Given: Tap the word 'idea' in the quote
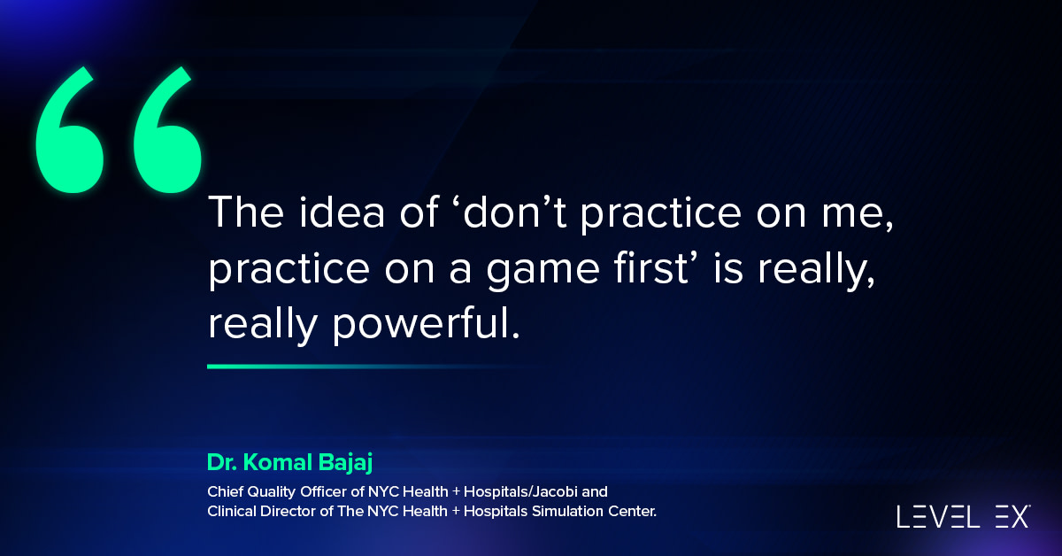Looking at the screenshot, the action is coord(342,212).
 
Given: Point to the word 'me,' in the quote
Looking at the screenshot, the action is coord(858,216).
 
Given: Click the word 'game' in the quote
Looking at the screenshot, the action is coord(543,270).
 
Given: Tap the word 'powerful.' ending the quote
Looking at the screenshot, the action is coord(426,325).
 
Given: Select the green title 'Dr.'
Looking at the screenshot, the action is coord(222,462).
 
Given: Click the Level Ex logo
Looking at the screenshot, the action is coord(964,517).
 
